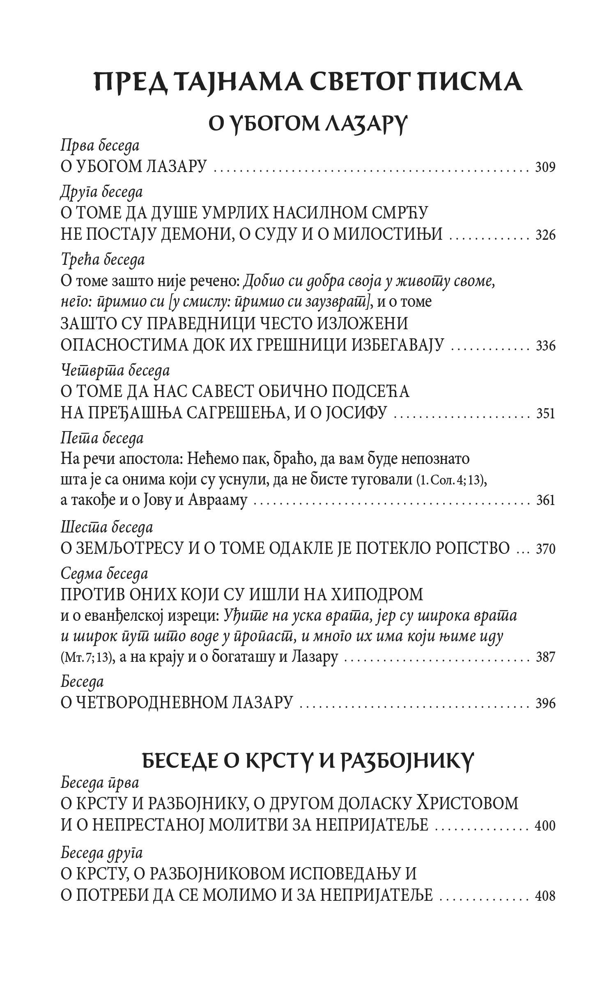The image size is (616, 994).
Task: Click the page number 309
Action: pyautogui.click(x=545, y=168)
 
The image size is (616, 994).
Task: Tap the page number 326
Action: pyautogui.click(x=545, y=235)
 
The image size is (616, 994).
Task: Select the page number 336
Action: pyautogui.click(x=545, y=346)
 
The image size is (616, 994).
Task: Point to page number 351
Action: pyautogui.click(x=545, y=414)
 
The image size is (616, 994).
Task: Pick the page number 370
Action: pyautogui.click(x=545, y=549)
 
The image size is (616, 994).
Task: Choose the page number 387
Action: pyautogui.click(x=545, y=657)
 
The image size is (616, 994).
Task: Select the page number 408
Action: pyautogui.click(x=545, y=893)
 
